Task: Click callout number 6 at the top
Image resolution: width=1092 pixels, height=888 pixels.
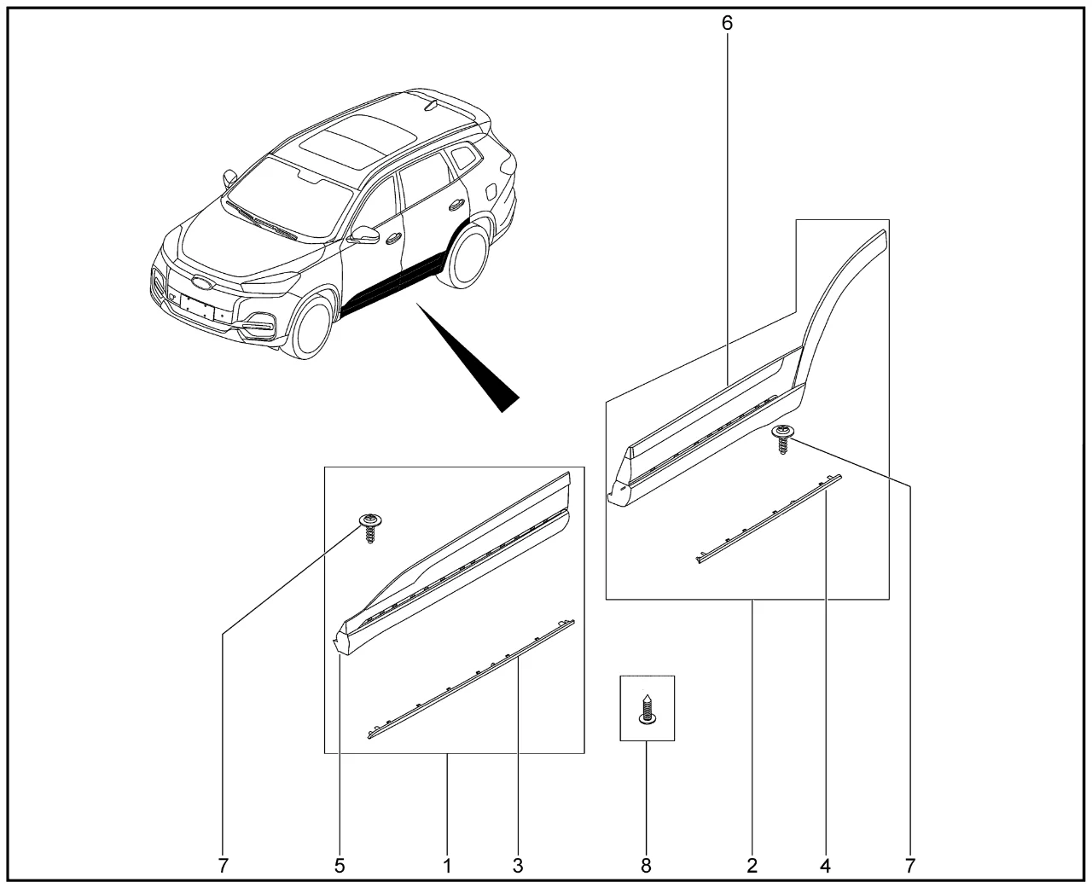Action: pos(727,22)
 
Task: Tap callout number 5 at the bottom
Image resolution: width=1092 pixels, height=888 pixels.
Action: pos(340,866)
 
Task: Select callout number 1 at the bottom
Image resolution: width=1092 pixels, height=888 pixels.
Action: pos(447,866)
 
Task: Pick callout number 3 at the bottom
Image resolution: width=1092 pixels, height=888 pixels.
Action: pos(518,866)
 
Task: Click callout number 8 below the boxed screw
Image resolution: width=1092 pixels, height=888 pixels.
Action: pos(646,866)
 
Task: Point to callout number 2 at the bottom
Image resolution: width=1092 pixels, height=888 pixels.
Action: pos(752,866)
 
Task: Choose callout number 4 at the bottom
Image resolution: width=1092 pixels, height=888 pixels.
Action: pos(825,866)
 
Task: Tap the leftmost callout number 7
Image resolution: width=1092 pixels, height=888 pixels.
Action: pos(223,866)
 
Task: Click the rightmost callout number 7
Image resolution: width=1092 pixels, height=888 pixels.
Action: pos(910,866)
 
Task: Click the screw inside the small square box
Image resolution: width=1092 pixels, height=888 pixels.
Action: pos(647,710)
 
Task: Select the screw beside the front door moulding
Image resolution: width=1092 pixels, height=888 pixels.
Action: pos(370,527)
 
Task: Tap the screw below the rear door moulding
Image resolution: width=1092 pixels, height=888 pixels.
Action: pos(783,438)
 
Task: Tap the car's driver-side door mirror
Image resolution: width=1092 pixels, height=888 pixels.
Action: pos(364,235)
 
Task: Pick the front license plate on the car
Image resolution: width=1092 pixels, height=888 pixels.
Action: pos(197,308)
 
